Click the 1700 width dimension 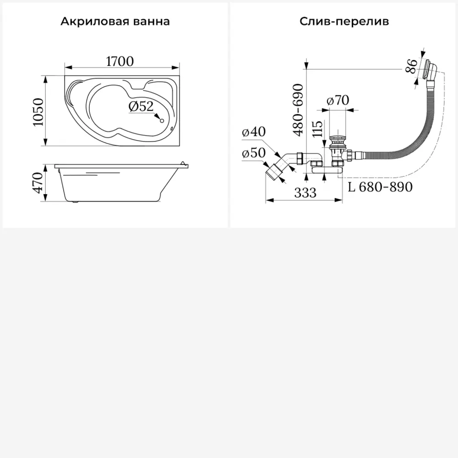click(x=120, y=61)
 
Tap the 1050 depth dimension click(x=38, y=112)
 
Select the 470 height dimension click(x=38, y=183)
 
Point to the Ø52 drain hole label click(x=141, y=106)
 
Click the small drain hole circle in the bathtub click(x=163, y=121)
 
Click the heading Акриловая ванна click(x=115, y=22)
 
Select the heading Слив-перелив click(x=344, y=22)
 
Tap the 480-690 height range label click(x=298, y=110)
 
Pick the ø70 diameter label click(x=338, y=100)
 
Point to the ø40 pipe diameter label click(x=254, y=131)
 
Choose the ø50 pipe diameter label click(x=254, y=153)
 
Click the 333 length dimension click(x=305, y=193)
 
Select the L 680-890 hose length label click(x=380, y=187)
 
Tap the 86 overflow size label click(x=412, y=66)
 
